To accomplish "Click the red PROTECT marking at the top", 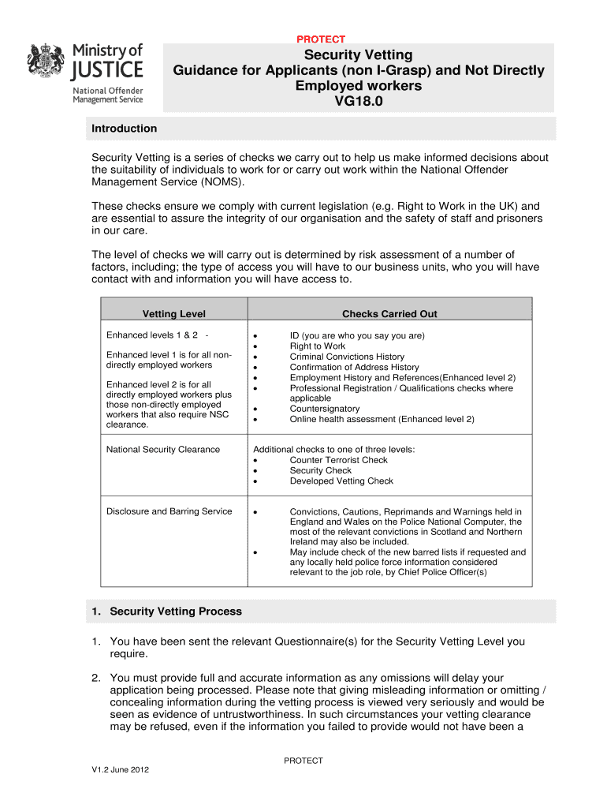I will [x=321, y=39].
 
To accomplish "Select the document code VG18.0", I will [x=359, y=101].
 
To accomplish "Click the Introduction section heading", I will [x=125, y=129].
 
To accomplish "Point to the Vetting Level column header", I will [x=173, y=314].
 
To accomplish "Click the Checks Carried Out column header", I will [x=389, y=314].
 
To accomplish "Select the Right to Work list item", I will [x=317, y=346].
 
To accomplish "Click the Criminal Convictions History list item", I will [x=347, y=357].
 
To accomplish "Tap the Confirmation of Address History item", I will [x=354, y=367].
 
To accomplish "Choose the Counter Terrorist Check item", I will [x=338, y=460].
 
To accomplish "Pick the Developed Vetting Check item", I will [x=341, y=481].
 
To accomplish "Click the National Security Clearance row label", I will [x=163, y=450].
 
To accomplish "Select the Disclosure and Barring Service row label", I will [x=169, y=511].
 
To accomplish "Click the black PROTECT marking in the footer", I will [x=303, y=761].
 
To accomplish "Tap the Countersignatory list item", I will [x=324, y=409].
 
